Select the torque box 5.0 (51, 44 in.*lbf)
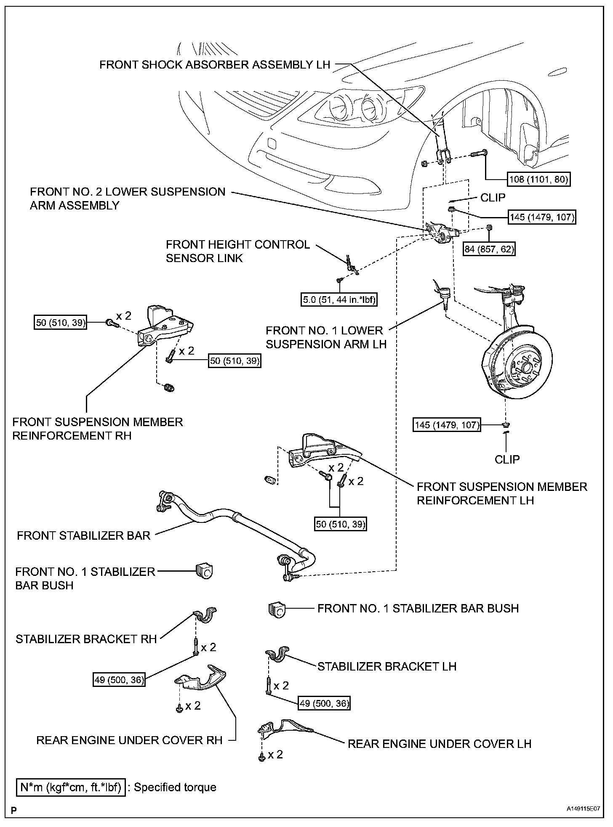pyautogui.click(x=339, y=300)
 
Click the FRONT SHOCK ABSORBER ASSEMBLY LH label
pyautogui.click(x=215, y=65)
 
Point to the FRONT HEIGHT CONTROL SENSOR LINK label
pyautogui.click(x=237, y=251)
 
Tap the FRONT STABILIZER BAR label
pyautogui.click(x=84, y=535)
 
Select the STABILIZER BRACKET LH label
pyautogui.click(x=387, y=666)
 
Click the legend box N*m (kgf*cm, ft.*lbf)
pyautogui.click(x=71, y=787)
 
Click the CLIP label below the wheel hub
pyautogui.click(x=507, y=459)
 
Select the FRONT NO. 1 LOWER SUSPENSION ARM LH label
pyautogui.click(x=326, y=337)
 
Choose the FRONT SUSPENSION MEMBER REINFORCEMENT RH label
pyautogui.click(x=98, y=429)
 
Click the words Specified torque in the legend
pyautogui.click(x=175, y=787)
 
